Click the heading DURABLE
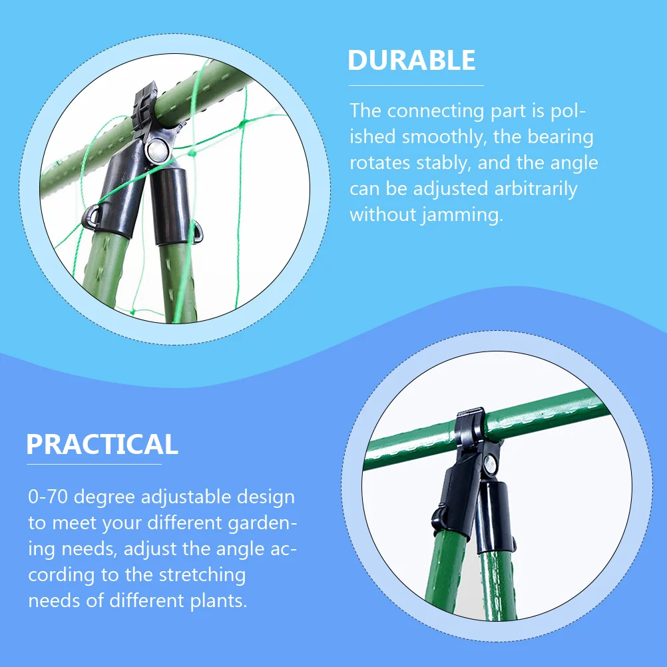(x=411, y=61)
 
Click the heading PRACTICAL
(x=102, y=444)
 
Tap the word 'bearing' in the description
(x=560, y=136)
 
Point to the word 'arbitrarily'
(x=535, y=189)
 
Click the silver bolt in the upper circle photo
(x=158, y=149)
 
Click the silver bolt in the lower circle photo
(x=491, y=464)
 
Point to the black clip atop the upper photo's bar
(x=144, y=107)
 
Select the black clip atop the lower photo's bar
(x=470, y=431)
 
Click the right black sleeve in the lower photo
(x=493, y=509)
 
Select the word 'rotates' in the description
(x=377, y=162)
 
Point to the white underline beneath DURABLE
(x=415, y=85)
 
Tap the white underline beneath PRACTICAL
(x=94, y=464)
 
